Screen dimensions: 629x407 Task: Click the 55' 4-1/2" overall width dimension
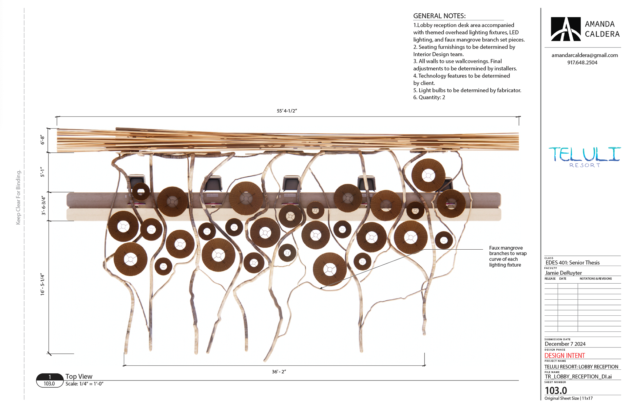(x=287, y=111)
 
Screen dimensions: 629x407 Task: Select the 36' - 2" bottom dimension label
(x=279, y=372)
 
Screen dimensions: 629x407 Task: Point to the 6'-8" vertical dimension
(x=42, y=140)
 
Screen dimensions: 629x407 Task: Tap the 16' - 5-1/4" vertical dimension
(x=43, y=285)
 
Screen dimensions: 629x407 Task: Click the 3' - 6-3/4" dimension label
(x=43, y=205)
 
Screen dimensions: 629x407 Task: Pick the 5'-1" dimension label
(x=42, y=172)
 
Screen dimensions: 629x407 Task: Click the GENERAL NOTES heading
(x=439, y=16)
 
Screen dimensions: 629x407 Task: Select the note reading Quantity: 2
(x=429, y=97)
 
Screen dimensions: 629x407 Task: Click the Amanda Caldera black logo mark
(x=565, y=29)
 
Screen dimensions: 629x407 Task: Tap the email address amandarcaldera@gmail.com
(x=584, y=55)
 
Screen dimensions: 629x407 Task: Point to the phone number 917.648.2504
(x=582, y=62)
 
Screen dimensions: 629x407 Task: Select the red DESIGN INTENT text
(x=564, y=356)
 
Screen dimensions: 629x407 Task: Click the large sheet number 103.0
(x=556, y=390)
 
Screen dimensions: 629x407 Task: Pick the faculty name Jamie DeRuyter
(x=563, y=273)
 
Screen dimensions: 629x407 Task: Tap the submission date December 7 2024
(x=565, y=344)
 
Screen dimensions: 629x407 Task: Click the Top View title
(x=79, y=377)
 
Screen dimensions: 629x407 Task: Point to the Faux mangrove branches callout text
(x=507, y=257)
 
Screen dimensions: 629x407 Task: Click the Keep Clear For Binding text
(x=18, y=197)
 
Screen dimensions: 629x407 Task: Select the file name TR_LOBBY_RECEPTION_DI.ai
(x=578, y=377)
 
